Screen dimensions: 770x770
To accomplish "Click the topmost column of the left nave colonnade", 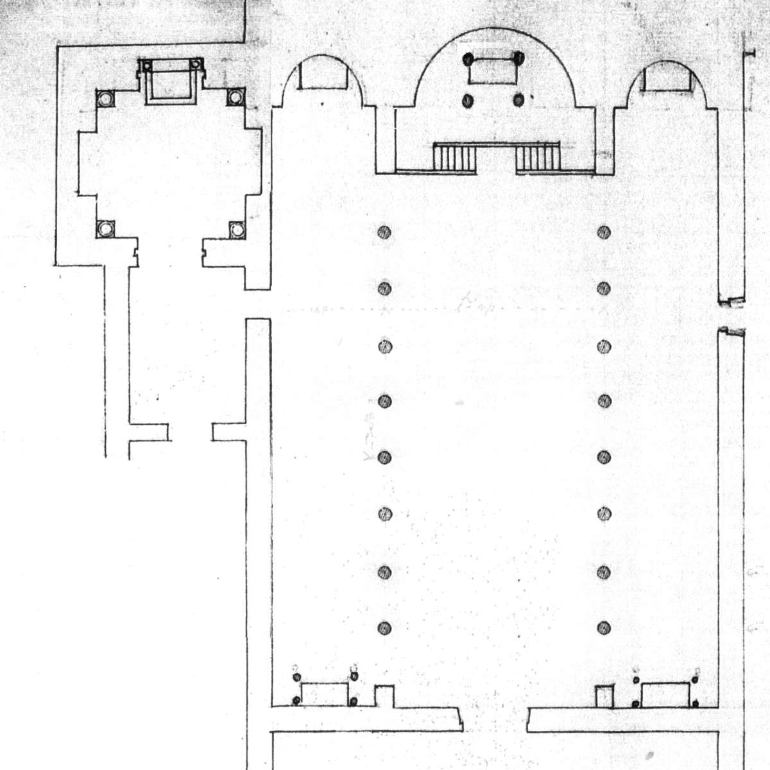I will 384,232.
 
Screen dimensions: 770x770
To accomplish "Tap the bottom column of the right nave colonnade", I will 604,628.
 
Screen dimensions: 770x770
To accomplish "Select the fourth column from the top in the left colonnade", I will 384,402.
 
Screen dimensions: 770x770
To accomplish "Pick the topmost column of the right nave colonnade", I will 604,232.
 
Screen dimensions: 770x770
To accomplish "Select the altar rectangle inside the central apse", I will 493,71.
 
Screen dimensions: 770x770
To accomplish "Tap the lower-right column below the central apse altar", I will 518,100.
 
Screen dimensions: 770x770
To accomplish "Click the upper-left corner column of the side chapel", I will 104,98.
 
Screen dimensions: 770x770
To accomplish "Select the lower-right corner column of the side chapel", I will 236,229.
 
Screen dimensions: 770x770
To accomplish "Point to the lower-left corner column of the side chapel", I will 104,228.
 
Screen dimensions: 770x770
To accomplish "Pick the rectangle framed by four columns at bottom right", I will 665,694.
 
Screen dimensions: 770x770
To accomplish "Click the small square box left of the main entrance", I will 383,696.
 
